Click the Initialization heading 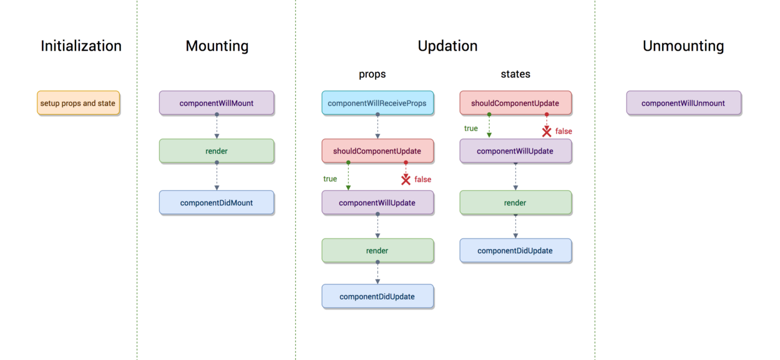[81, 46]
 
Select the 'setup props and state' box [78, 103]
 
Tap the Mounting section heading [217, 46]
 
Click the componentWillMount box [217, 103]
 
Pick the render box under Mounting [217, 151]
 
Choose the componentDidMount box [217, 203]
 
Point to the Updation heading [447, 46]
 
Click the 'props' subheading [372, 74]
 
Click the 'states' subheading [515, 74]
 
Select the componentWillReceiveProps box [378, 103]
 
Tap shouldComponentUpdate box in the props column [378, 151]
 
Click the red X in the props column [406, 180]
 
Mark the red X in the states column [547, 132]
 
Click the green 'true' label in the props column [330, 179]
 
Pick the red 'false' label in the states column [563, 132]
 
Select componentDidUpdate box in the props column [378, 296]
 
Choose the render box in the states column [515, 203]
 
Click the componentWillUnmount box [683, 103]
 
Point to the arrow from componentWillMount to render [217, 127]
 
